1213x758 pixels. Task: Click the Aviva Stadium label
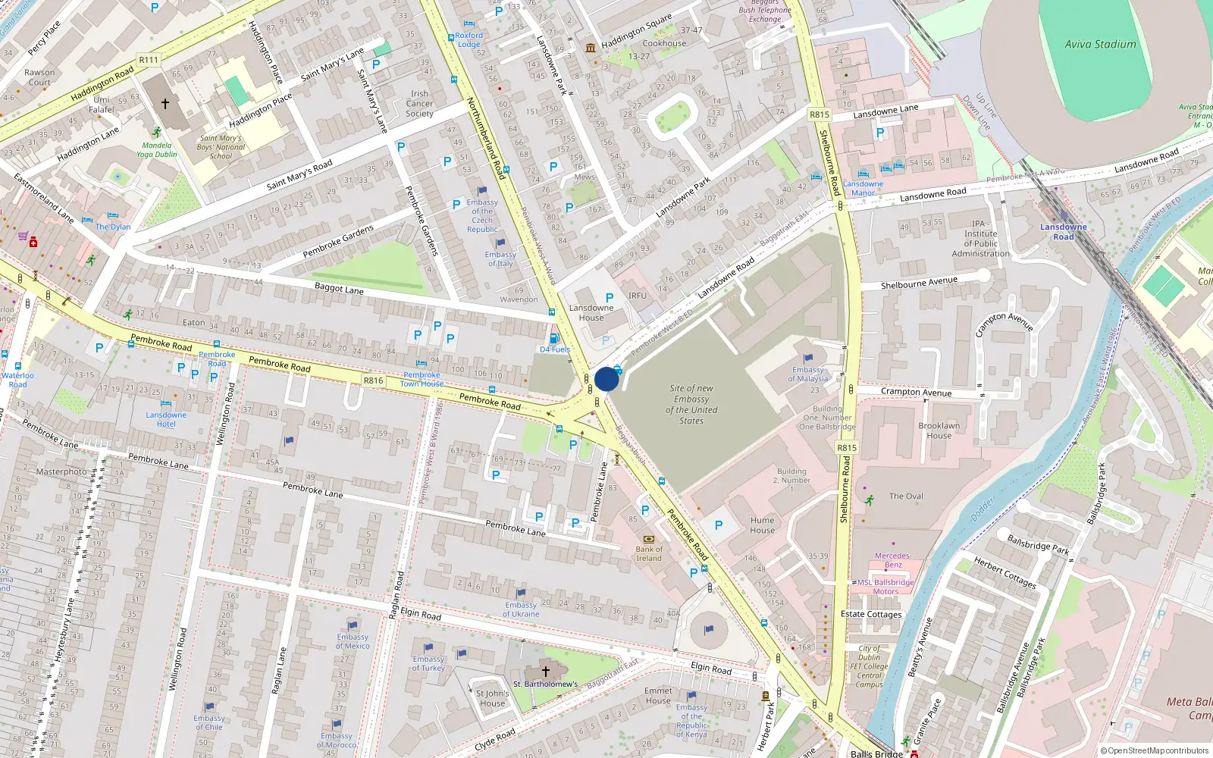coord(1100,45)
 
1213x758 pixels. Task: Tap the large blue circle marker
coord(606,379)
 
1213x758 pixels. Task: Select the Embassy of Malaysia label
coord(807,374)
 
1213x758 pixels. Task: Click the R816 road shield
coord(373,381)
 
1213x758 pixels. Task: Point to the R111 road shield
coord(149,60)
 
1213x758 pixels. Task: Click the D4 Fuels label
coord(554,349)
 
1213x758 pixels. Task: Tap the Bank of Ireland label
coord(648,554)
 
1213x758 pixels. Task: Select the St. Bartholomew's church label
coord(545,684)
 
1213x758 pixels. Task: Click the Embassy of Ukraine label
coord(521,609)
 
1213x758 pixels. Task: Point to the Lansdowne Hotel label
coord(166,419)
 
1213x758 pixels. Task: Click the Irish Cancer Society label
coord(419,104)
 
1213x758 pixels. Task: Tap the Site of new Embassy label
coord(691,404)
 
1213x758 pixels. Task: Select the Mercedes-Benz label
coord(893,560)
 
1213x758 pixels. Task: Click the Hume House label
coord(762,525)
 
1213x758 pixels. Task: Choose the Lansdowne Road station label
coord(1063,232)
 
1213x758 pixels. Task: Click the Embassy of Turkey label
coord(428,663)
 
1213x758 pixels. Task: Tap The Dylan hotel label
coord(113,227)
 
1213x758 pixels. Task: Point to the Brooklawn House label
coord(939,431)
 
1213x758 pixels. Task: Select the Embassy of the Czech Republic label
coord(482,215)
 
